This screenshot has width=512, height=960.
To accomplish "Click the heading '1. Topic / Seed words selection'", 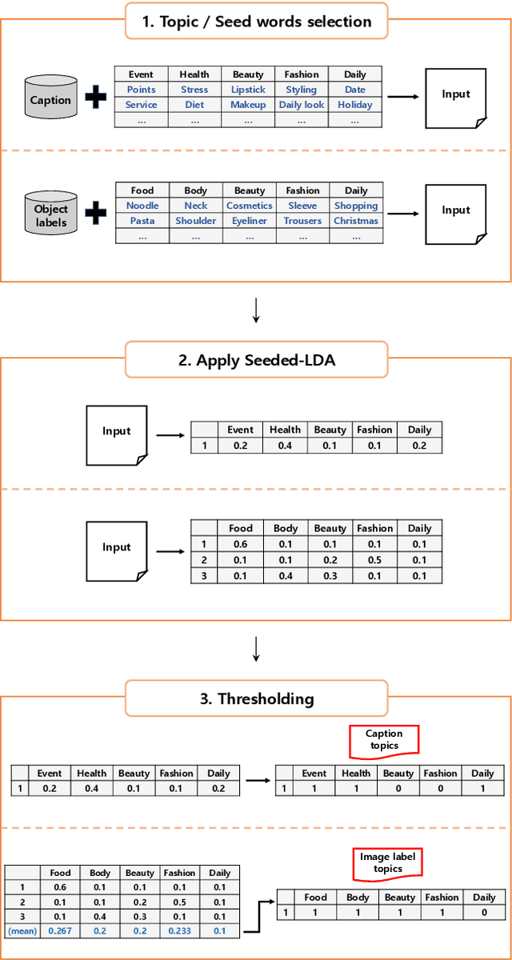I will tap(256, 21).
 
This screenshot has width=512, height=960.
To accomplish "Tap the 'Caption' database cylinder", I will tap(50, 101).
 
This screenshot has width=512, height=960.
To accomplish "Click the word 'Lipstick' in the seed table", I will tap(248, 90).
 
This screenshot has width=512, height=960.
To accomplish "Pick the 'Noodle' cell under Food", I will tap(142, 206).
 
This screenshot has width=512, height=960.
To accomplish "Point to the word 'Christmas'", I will tap(356, 221).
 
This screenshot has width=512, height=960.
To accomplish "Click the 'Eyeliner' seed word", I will tap(250, 221).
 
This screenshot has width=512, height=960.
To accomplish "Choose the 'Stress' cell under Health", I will tap(194, 90).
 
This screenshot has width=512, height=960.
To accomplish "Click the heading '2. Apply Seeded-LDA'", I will tap(256, 360).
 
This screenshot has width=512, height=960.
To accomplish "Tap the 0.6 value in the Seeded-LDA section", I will tap(241, 544).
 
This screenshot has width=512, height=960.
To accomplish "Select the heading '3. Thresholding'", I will tap(256, 698).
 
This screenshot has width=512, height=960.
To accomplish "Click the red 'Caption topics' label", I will tap(384, 740).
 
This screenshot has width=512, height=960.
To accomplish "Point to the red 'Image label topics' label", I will tap(388, 863).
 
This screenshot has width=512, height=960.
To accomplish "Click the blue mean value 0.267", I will tap(61, 931).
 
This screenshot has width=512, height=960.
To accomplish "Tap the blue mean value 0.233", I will tap(179, 931).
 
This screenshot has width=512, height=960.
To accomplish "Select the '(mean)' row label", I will tap(22, 931).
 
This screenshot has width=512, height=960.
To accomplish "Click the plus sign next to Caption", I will tap(96, 99).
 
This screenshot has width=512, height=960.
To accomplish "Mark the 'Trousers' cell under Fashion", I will tap(302, 221).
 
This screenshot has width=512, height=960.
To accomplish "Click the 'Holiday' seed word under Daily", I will tap(355, 105).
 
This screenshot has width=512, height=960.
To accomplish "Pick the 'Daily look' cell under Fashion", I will tap(302, 105).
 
